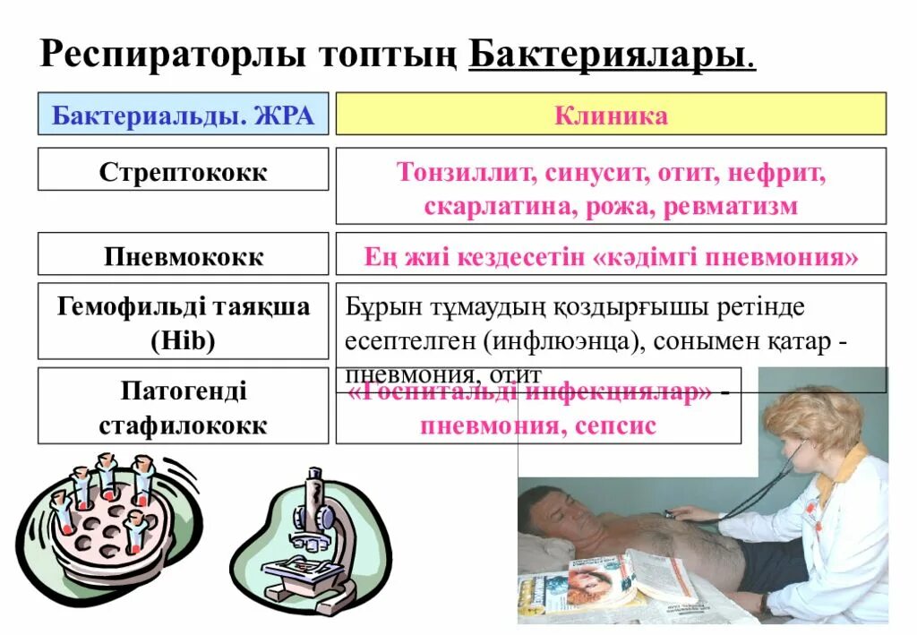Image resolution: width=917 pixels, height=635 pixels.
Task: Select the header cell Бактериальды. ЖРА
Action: point(183,116)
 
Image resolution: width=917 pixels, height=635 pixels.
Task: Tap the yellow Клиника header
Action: point(611,116)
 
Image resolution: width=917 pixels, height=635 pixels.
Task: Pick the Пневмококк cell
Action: point(183,257)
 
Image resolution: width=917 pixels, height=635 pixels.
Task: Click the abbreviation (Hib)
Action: point(183,341)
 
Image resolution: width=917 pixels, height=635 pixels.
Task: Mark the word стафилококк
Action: point(183,425)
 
